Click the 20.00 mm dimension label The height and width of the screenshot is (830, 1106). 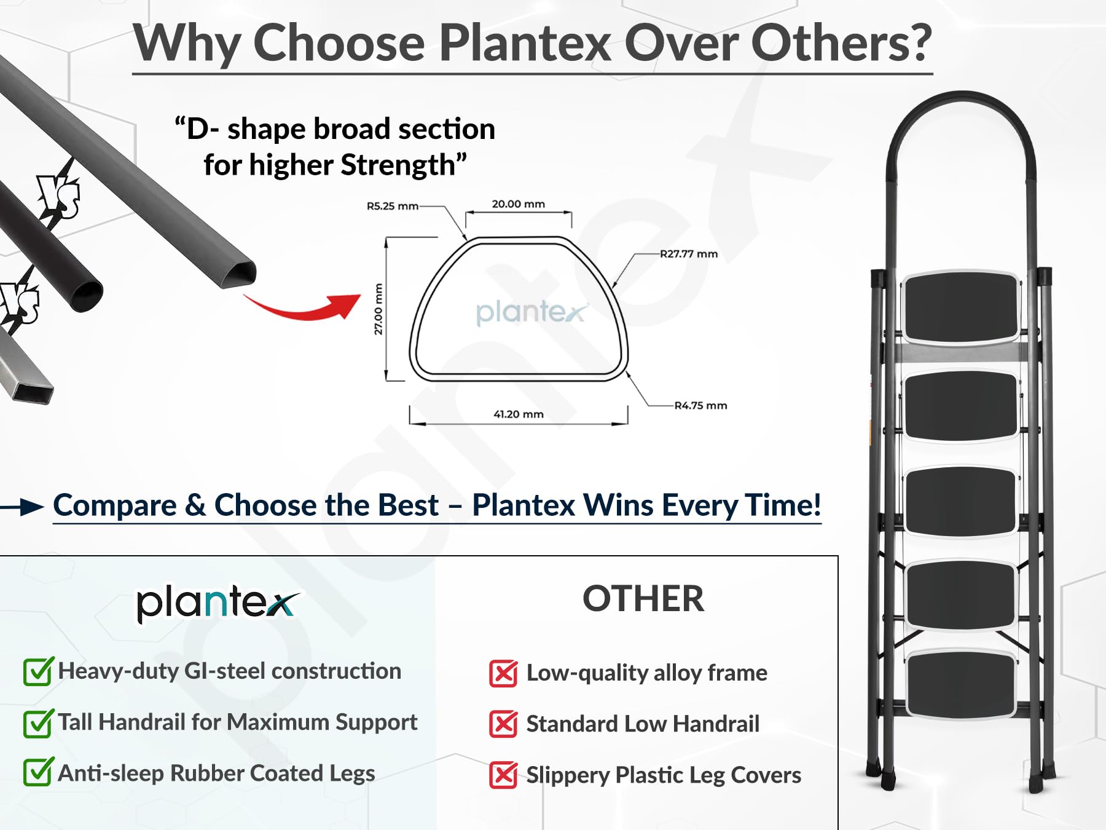click(x=518, y=204)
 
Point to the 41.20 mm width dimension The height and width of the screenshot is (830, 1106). click(x=519, y=414)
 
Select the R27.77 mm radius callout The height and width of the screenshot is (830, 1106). click(x=689, y=254)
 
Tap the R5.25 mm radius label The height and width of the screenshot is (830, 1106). click(x=392, y=206)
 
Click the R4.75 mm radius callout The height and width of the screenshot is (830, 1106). click(x=700, y=406)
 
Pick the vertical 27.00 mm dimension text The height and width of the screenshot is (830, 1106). click(x=378, y=309)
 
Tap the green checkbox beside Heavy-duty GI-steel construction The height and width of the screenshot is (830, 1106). click(x=38, y=671)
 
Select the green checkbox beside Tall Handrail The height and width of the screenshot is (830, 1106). click(x=38, y=723)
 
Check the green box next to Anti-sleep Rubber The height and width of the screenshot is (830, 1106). click(x=38, y=772)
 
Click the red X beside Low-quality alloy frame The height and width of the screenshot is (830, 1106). click(x=503, y=674)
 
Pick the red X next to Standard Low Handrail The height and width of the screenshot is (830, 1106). click(x=503, y=724)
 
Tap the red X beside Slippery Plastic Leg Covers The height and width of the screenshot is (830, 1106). click(x=503, y=775)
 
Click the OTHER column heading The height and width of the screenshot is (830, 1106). click(x=643, y=599)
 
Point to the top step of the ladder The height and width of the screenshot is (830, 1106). click(x=961, y=307)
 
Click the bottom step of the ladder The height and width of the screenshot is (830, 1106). click(x=961, y=684)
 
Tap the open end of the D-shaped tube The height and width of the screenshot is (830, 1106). click(x=238, y=274)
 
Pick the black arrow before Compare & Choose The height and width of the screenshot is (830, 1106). click(x=22, y=507)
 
